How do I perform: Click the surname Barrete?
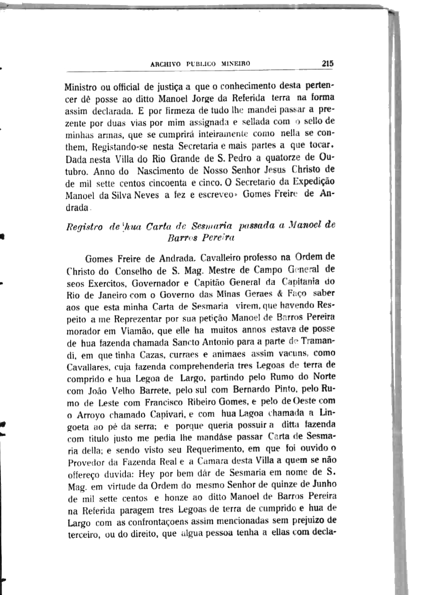pyautogui.click(x=156, y=389)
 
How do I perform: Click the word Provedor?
pyautogui.click(x=87, y=461)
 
